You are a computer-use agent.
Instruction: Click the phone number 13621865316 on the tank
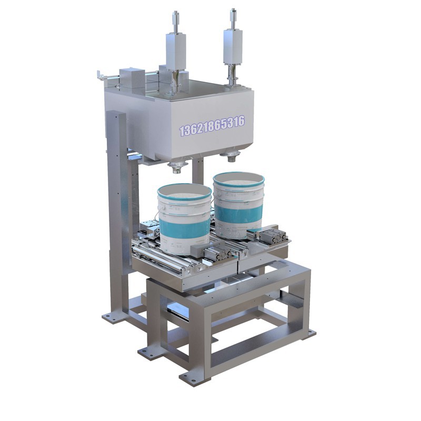212,125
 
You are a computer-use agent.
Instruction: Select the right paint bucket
239,205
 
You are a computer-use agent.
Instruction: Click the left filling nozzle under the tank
176,167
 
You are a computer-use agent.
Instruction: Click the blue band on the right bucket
238,216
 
